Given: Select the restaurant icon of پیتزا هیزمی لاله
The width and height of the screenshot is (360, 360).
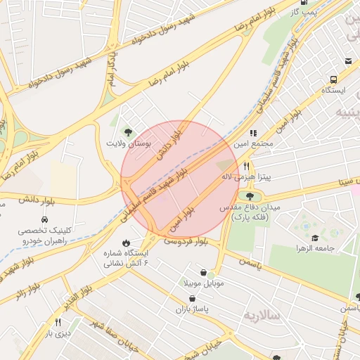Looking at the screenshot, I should (x=246, y=166).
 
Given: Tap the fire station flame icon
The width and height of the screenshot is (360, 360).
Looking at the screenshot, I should (x=126, y=243).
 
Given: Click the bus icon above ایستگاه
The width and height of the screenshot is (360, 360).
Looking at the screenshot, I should (x=349, y=79).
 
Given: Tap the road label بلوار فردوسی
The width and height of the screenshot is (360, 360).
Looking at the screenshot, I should (x=186, y=241).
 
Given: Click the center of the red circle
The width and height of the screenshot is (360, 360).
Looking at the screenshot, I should (x=180, y=179).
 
